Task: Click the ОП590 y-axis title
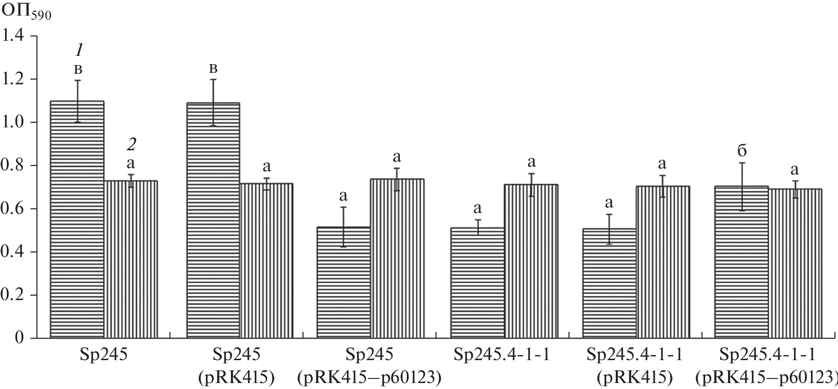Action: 27,12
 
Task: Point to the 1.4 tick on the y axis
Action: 15,36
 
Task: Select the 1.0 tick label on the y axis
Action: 15,122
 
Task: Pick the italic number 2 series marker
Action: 131,145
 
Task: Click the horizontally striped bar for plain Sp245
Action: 77,220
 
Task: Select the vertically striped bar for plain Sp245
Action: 131,259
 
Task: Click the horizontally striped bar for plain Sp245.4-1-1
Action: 477,283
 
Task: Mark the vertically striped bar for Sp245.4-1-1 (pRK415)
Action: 663,262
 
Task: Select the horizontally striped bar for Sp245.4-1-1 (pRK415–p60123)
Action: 741,262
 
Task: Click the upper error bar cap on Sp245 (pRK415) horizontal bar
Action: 213,80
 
